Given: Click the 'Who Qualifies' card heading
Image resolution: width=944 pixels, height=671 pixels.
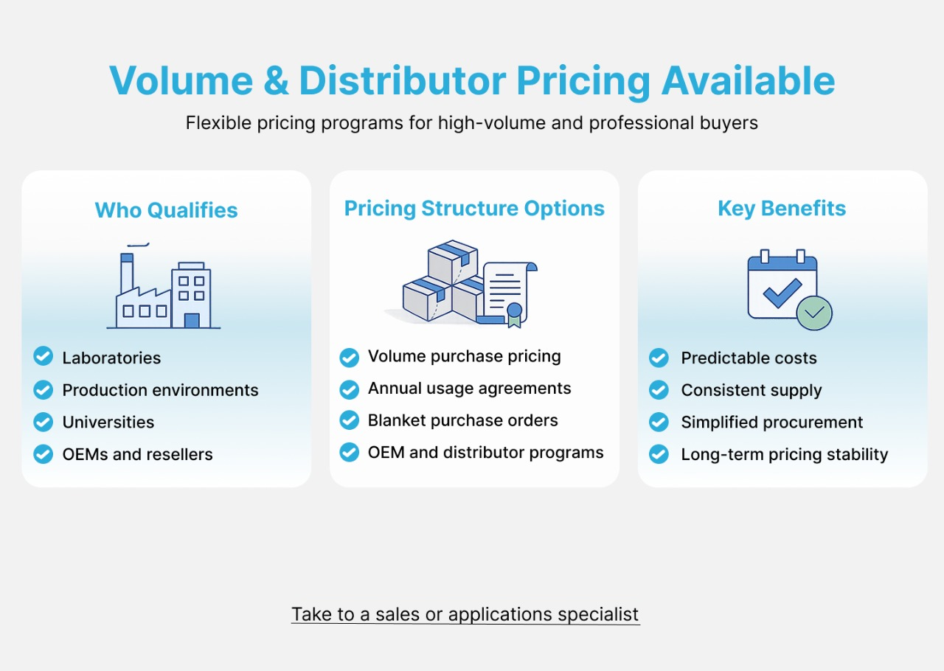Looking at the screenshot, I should point(166,210).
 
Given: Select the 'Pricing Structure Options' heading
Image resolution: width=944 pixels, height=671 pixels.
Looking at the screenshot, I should point(474,209).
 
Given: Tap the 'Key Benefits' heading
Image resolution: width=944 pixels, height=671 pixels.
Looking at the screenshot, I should point(782,209).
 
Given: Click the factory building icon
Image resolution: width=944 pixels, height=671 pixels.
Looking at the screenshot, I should point(164,288).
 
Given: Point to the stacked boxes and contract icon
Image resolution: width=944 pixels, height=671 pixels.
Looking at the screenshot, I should point(461,284).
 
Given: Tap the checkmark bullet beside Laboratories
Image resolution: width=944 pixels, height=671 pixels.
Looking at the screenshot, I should point(44,357).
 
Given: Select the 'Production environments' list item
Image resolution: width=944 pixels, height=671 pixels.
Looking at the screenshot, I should point(160,390).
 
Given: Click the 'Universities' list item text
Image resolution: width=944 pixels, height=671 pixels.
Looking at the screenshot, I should point(108,423).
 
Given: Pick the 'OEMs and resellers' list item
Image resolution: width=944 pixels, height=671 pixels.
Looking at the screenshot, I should point(137,454).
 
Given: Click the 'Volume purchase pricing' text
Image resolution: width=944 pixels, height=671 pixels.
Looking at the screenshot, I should point(464,357).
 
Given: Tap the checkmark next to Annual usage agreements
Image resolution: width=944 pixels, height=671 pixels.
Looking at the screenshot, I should point(349,389).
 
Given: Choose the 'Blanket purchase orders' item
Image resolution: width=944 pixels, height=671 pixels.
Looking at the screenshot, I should point(462,421).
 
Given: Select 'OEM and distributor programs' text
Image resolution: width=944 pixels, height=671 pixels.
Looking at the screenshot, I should point(485,453).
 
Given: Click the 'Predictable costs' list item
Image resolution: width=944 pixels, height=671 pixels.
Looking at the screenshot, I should point(749,358).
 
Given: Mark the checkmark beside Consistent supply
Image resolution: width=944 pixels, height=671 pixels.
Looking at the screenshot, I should point(659,390).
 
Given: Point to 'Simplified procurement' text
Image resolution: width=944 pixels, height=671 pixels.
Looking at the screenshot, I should point(771,423).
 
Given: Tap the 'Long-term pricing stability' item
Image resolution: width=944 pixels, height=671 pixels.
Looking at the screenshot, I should point(784,454).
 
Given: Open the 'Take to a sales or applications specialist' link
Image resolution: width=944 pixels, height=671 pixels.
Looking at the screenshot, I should point(465,614).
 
